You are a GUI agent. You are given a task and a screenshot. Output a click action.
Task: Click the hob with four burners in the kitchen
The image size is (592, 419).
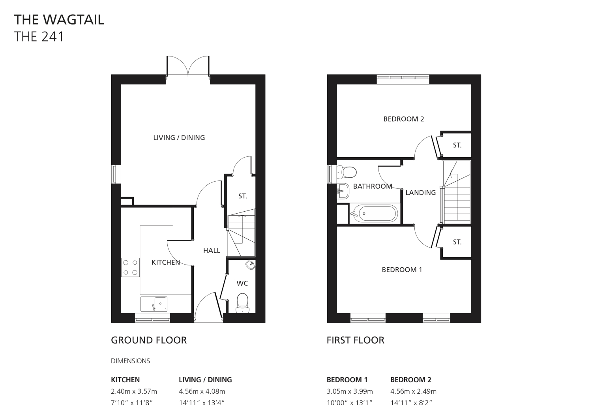(x=130, y=267)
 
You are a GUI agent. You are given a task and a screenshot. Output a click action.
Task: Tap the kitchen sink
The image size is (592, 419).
(x=154, y=304)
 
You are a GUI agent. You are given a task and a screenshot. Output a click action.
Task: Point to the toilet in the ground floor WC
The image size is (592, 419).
(x=242, y=303)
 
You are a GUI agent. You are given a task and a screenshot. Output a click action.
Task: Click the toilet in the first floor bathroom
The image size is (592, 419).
(x=347, y=172)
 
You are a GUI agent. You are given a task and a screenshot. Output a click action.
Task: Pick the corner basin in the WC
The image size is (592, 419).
(x=250, y=265)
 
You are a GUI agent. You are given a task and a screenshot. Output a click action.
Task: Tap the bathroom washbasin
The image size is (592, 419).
(x=343, y=191)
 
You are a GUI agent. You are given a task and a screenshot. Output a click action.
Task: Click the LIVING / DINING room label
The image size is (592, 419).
(x=179, y=137)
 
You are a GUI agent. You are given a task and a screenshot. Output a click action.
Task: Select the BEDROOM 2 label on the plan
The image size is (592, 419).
(x=404, y=119)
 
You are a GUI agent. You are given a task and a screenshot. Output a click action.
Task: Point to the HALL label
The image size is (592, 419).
(x=212, y=250)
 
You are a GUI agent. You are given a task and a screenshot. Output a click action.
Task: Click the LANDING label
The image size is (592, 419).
(x=420, y=193)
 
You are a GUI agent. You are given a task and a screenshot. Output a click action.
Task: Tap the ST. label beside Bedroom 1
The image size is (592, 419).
(x=457, y=242)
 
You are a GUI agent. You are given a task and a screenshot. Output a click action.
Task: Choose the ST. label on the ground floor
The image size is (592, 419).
(x=242, y=196)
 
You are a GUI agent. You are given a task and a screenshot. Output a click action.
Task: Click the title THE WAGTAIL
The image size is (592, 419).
(x=59, y=20)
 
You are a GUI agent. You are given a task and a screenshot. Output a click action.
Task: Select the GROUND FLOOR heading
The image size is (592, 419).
(x=149, y=340)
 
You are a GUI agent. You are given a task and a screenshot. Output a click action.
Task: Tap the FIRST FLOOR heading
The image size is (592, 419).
(x=356, y=340)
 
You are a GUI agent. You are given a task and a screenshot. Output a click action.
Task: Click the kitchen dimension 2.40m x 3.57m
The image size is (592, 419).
(x=134, y=391)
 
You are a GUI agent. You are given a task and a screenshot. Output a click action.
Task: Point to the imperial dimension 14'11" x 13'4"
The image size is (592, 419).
(x=202, y=403)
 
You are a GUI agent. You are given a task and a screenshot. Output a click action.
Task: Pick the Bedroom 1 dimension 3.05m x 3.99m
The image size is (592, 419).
(x=350, y=391)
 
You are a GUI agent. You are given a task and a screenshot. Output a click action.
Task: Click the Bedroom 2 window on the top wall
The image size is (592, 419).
(x=403, y=79)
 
